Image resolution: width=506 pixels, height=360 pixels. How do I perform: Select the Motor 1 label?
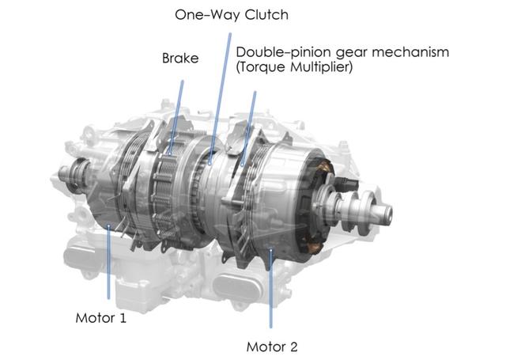pyautogui.click(x=101, y=318)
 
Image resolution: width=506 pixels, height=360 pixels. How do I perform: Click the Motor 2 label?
pyautogui.click(x=272, y=346)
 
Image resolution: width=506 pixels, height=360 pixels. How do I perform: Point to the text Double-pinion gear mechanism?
pyautogui.click(x=342, y=52)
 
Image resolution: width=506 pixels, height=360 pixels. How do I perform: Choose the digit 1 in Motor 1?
pyautogui.click(x=123, y=318)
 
